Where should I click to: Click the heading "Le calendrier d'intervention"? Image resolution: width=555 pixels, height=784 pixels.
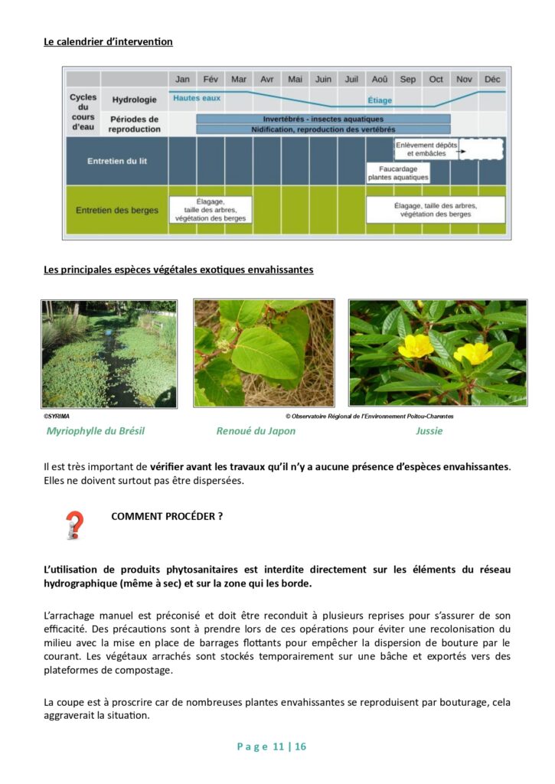coord(108,41)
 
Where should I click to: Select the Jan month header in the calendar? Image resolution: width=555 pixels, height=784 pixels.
coord(182,79)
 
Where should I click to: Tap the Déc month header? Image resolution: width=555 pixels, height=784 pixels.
coord(492,79)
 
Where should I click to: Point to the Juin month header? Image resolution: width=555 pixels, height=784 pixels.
coord(323,79)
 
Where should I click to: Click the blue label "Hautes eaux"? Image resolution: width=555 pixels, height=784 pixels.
coord(196,99)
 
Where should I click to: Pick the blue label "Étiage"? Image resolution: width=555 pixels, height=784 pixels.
coord(380,100)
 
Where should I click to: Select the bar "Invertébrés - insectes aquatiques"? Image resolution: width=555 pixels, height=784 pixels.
coord(323,119)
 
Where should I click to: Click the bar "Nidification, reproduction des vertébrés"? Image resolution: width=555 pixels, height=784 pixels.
coord(323,129)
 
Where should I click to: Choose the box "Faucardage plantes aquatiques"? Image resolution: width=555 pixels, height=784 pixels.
coord(398,172)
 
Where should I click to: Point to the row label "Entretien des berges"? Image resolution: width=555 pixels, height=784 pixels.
coord(117,210)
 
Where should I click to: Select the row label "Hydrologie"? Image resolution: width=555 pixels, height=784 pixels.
coord(134,100)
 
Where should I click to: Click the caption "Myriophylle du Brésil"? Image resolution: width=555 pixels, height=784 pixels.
coord(96,431)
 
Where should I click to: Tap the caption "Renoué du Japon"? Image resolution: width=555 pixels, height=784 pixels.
coord(256,431)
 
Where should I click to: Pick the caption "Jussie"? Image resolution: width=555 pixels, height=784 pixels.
coord(429,431)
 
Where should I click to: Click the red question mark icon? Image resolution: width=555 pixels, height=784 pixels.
coord(74,525)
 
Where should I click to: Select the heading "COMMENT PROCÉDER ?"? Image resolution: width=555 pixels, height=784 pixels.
coord(167,516)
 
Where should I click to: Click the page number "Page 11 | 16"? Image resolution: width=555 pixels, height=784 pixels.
coord(272,746)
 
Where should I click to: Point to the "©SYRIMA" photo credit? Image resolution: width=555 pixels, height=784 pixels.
coord(57,416)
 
